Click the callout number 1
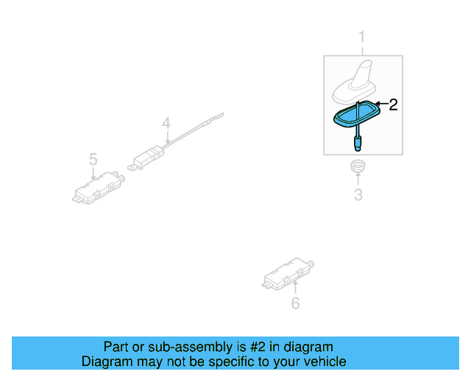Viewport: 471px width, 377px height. tap(361, 37)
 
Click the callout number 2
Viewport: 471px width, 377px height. tap(393, 105)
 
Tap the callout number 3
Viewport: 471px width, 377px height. tap(358, 195)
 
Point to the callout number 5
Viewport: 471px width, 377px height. tap(93, 159)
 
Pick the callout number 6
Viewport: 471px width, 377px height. tap(295, 303)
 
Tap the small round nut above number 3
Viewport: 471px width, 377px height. tap(358, 166)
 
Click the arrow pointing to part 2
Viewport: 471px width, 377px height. tap(380, 105)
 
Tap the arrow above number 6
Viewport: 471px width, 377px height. tap(294, 288)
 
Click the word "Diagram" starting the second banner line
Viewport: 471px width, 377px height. tap(107, 362)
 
